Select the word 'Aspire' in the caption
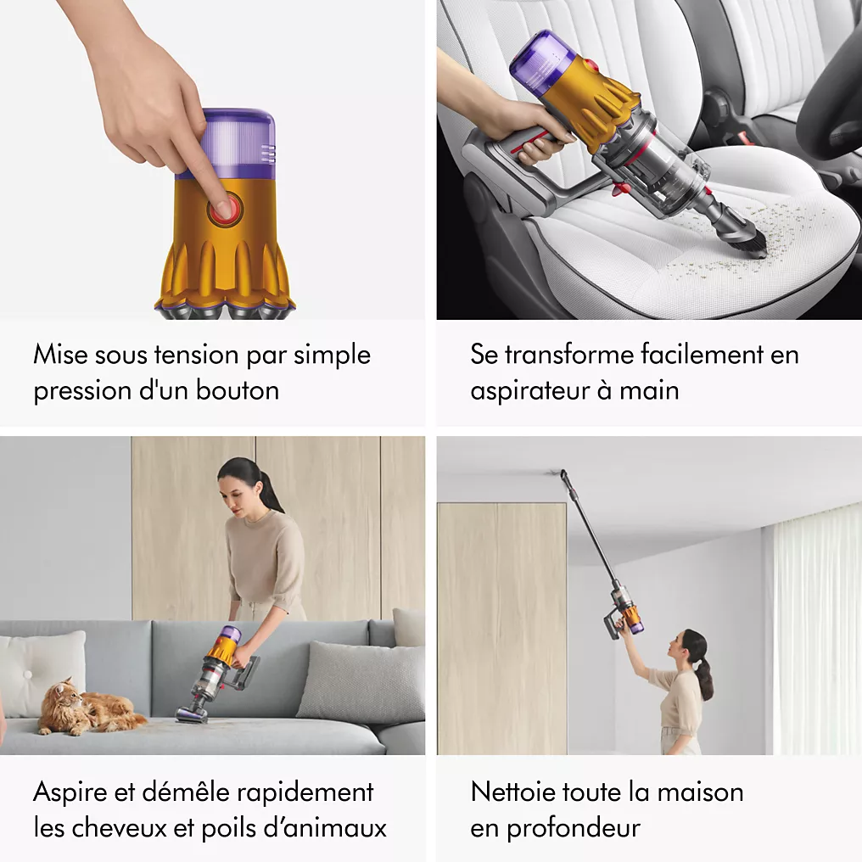[70, 792]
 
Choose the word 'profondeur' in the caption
[574, 828]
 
